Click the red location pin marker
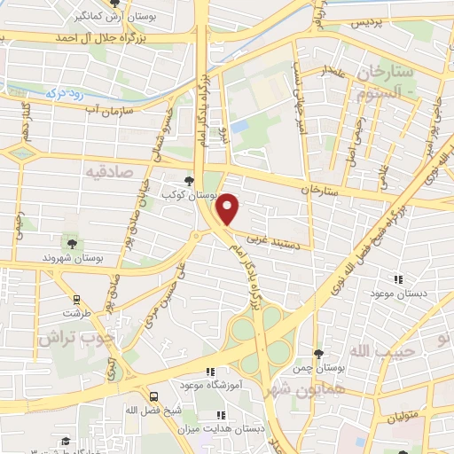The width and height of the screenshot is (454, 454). (229, 208)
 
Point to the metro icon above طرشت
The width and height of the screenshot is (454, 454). (76, 299)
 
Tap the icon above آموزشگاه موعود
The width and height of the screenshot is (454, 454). (210, 372)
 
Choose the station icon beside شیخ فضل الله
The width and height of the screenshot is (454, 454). (154, 396)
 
